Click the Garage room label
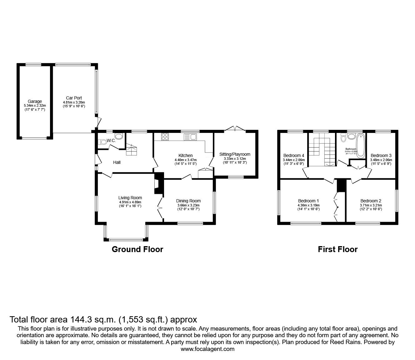click(x=35, y=101)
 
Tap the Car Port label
click(x=74, y=98)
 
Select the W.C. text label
click(x=111, y=141)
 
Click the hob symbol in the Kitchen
click(x=165, y=137)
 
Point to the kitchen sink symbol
click(x=190, y=137)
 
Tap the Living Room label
click(x=130, y=198)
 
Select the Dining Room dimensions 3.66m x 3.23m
click(x=188, y=205)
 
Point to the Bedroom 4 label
click(x=293, y=155)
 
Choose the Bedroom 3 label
click(x=381, y=155)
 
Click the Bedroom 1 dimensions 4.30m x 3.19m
click(x=308, y=205)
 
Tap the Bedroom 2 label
click(x=371, y=201)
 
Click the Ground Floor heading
click(x=137, y=249)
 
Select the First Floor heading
click(x=337, y=249)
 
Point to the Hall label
click(x=117, y=162)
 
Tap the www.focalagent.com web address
click(x=207, y=349)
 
